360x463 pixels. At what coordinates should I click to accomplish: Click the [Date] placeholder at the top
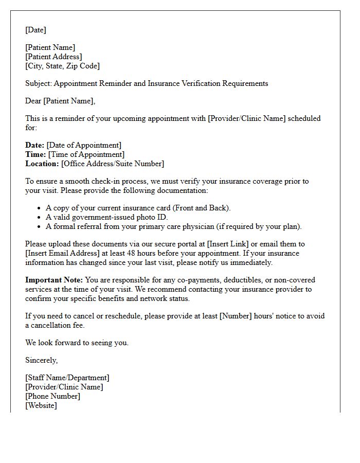tap(35, 30)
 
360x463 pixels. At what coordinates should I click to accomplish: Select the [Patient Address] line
tap(53, 57)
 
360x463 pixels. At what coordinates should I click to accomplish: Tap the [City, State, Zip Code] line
tap(62, 66)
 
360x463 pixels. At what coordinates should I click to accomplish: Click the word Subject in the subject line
tap(38, 83)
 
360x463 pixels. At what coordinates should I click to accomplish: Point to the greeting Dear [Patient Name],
tap(60, 101)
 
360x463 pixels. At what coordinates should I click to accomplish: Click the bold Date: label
tap(35, 145)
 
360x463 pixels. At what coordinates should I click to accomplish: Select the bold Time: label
tap(35, 154)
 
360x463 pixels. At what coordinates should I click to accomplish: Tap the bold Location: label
tap(42, 164)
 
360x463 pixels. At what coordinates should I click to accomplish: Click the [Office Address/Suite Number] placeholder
tap(113, 164)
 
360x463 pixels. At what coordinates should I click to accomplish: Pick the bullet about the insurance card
tap(138, 208)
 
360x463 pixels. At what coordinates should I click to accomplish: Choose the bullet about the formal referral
tap(173, 226)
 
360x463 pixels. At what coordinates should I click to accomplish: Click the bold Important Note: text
tap(54, 280)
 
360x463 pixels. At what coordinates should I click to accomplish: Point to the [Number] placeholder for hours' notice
tap(235, 316)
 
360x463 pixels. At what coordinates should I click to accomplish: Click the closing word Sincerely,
tap(42, 360)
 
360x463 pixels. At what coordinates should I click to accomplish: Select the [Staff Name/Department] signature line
tap(67, 378)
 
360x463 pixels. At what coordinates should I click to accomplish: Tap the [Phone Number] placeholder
tap(52, 396)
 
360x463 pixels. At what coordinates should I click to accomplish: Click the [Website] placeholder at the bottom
tap(41, 405)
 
